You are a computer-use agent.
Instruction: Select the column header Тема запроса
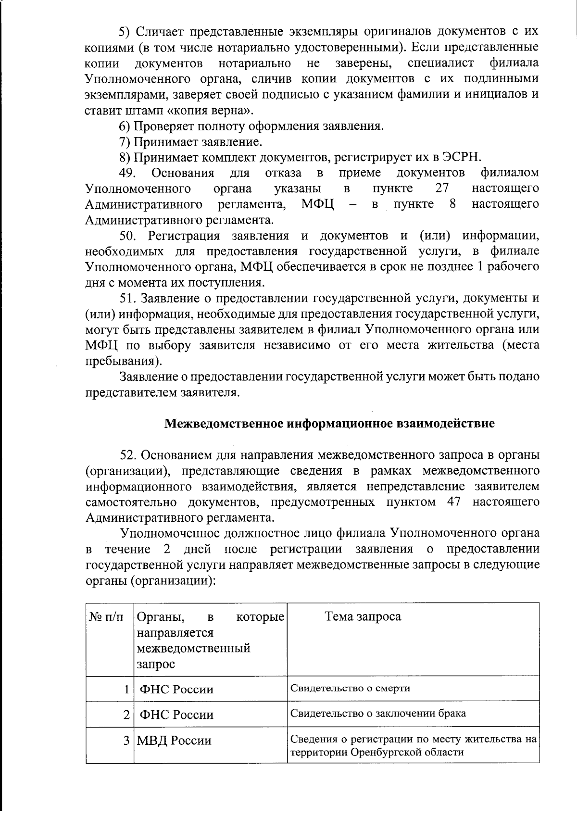click(x=363, y=616)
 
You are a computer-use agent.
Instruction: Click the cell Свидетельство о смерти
click(x=350, y=688)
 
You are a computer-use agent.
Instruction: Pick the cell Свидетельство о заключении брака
click(x=378, y=713)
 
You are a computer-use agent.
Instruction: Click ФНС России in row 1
click(x=176, y=689)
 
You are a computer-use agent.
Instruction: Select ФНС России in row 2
click(x=176, y=715)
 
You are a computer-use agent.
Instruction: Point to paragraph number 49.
click(x=129, y=173)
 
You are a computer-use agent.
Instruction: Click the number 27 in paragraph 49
click(x=441, y=188)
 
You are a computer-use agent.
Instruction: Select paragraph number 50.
click(x=129, y=236)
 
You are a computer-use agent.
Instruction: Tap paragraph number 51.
click(x=129, y=298)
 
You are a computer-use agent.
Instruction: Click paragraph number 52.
click(x=129, y=455)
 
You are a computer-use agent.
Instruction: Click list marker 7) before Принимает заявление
click(x=124, y=142)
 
